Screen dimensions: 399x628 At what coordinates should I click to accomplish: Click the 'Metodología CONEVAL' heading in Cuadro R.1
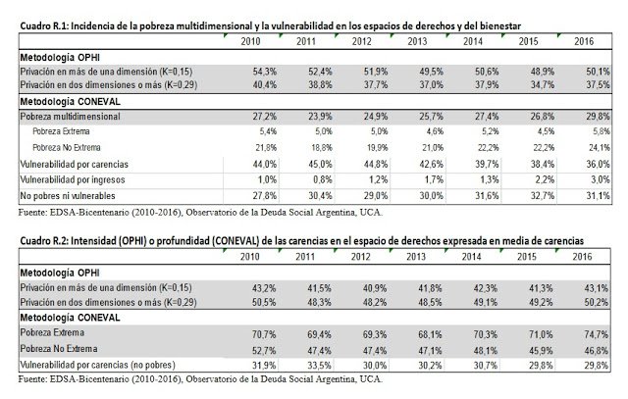[61, 100]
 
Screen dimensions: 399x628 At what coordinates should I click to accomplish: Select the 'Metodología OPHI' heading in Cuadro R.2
[52, 270]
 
